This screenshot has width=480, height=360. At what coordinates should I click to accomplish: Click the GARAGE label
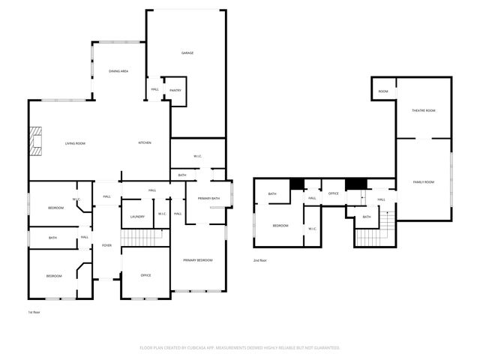187,53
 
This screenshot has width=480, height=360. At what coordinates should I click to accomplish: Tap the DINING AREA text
118,70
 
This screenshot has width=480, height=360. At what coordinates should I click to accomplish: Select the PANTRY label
175,91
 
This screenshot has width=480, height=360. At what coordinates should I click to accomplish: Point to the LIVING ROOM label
75,143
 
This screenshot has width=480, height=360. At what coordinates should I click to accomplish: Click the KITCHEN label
145,143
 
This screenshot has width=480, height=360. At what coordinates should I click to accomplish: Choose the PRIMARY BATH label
208,198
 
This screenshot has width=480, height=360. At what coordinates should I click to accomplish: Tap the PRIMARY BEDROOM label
198,260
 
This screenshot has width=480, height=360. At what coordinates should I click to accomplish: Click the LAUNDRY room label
137,217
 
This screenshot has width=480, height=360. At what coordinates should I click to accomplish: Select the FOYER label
106,245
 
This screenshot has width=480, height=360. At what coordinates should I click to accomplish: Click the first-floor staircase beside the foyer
142,238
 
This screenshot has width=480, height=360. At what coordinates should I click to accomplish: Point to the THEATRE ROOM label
423,110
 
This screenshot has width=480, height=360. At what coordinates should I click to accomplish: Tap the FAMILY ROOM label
424,182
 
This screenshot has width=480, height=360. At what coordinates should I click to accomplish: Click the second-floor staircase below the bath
370,238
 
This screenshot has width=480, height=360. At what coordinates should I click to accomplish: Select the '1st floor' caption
34,311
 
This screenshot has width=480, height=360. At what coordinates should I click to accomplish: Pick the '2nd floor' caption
259,260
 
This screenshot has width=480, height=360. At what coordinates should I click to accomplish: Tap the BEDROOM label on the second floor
280,226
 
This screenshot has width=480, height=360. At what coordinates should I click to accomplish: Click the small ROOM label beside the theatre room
383,91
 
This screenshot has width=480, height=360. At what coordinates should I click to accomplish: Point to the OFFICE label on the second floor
333,193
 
